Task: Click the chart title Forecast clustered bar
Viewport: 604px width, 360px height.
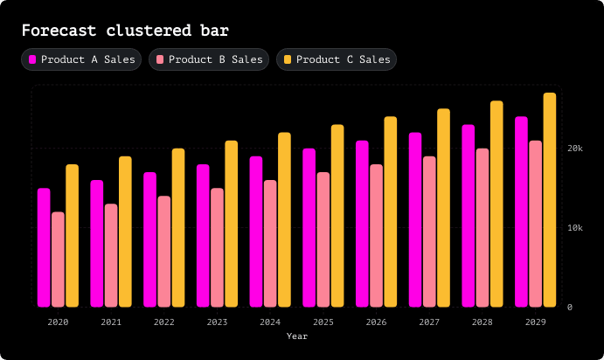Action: tap(125, 31)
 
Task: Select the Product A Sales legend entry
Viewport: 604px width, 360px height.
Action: tap(81, 59)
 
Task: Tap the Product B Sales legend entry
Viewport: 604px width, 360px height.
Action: tap(209, 59)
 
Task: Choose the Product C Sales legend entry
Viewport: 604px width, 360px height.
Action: tap(337, 59)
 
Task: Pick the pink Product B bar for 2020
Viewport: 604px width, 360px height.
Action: tap(58, 260)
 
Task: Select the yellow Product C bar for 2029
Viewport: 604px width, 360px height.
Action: tap(550, 200)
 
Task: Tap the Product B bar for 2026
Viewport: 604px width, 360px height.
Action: tap(377, 236)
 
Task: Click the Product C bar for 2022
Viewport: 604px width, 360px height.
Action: tap(178, 228)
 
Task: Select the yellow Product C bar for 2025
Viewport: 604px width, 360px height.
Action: tap(337, 216)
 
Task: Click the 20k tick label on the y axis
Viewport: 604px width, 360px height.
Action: tap(575, 149)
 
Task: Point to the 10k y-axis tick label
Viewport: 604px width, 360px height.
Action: tap(575, 228)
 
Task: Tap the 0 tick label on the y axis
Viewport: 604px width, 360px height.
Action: tap(570, 307)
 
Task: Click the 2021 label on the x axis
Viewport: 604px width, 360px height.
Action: tap(111, 322)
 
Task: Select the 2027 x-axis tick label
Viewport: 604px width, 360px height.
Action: tap(429, 322)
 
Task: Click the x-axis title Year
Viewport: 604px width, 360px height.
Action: tap(297, 336)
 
